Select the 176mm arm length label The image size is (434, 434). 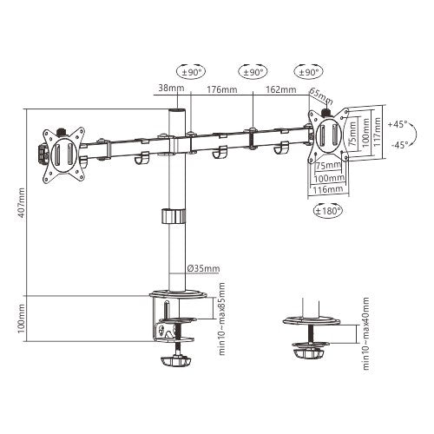click(x=222, y=89)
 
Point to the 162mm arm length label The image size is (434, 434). click(x=279, y=89)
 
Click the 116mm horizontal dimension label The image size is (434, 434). click(x=326, y=188)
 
